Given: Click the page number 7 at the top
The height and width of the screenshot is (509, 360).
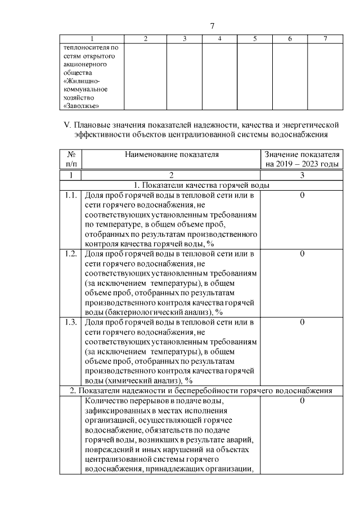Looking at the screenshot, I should [212, 26].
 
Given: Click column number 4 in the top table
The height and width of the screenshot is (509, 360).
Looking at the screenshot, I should [219, 39].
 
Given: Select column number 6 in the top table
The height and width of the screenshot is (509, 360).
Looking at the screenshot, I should [289, 39].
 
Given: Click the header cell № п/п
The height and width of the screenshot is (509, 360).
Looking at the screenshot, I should [71, 159].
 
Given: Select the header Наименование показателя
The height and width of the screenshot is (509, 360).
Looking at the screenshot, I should [172, 154].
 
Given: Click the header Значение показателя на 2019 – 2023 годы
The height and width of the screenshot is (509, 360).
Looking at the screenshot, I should [302, 159].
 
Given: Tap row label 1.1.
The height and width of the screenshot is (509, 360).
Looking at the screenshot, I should [70, 195].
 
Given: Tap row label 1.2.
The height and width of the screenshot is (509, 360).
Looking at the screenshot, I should [70, 254].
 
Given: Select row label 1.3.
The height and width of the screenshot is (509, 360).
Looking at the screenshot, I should [70, 322].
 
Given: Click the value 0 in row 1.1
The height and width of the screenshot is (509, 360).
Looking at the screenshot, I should [302, 195].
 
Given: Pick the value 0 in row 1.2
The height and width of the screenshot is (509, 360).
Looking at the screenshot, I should [302, 254].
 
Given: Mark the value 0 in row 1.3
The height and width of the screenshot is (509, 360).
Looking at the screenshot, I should [302, 322].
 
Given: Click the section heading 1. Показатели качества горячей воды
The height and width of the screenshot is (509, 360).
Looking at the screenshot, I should [201, 185].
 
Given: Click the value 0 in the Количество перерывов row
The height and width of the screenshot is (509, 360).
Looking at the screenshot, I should [302, 401].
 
